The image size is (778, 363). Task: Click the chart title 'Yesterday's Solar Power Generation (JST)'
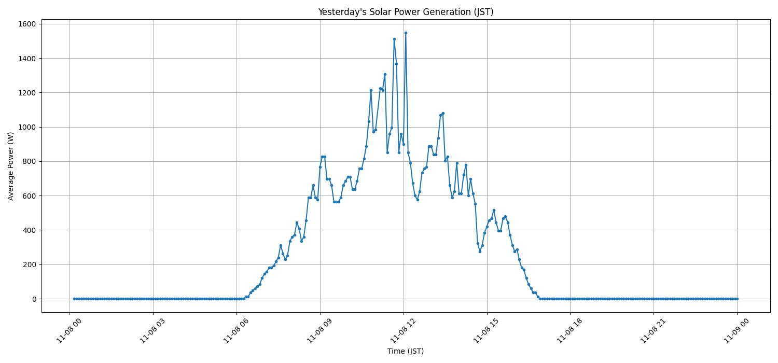pyautogui.click(x=406, y=12)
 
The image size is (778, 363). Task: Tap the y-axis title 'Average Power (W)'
pyautogui.click(x=11, y=166)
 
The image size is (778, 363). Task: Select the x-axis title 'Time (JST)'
pyautogui.click(x=406, y=351)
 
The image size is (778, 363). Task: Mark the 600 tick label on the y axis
pyautogui.click(x=27, y=196)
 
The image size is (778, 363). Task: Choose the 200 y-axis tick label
pyautogui.click(x=27, y=264)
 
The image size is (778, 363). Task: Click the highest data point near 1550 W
pyautogui.click(x=406, y=33)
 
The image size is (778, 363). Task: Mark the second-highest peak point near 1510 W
pyautogui.click(x=394, y=39)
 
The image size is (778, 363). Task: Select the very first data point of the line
pyautogui.click(x=74, y=299)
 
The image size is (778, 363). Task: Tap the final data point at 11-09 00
pyautogui.click(x=737, y=299)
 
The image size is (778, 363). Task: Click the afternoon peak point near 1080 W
pyautogui.click(x=443, y=113)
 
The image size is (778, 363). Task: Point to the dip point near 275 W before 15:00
pyautogui.click(x=480, y=252)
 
